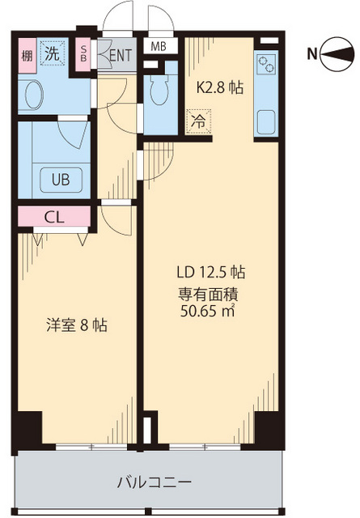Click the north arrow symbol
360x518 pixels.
pyautogui.click(x=337, y=54)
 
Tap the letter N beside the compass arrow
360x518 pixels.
pyautogui.click(x=312, y=54)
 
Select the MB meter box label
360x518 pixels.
pyautogui.click(x=159, y=46)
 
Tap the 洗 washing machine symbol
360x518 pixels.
pyautogui.click(x=51, y=56)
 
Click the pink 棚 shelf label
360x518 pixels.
pyautogui.click(x=26, y=56)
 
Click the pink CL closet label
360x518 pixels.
pyautogui.click(x=54, y=217)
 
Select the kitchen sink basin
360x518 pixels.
pyautogui.click(x=266, y=123)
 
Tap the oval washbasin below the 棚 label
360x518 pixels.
pyautogui.click(x=36, y=96)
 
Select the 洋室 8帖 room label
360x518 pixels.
pyautogui.click(x=74, y=325)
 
